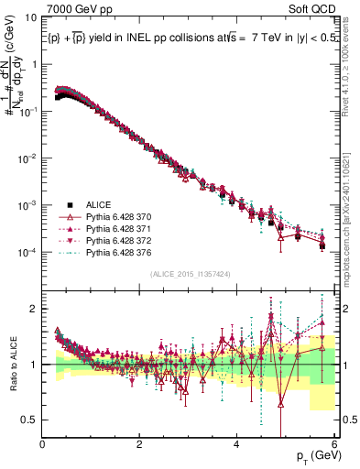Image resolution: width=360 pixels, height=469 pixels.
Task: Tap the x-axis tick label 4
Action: (x=237, y=443)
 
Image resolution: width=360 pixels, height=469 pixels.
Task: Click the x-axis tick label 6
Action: (x=334, y=443)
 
